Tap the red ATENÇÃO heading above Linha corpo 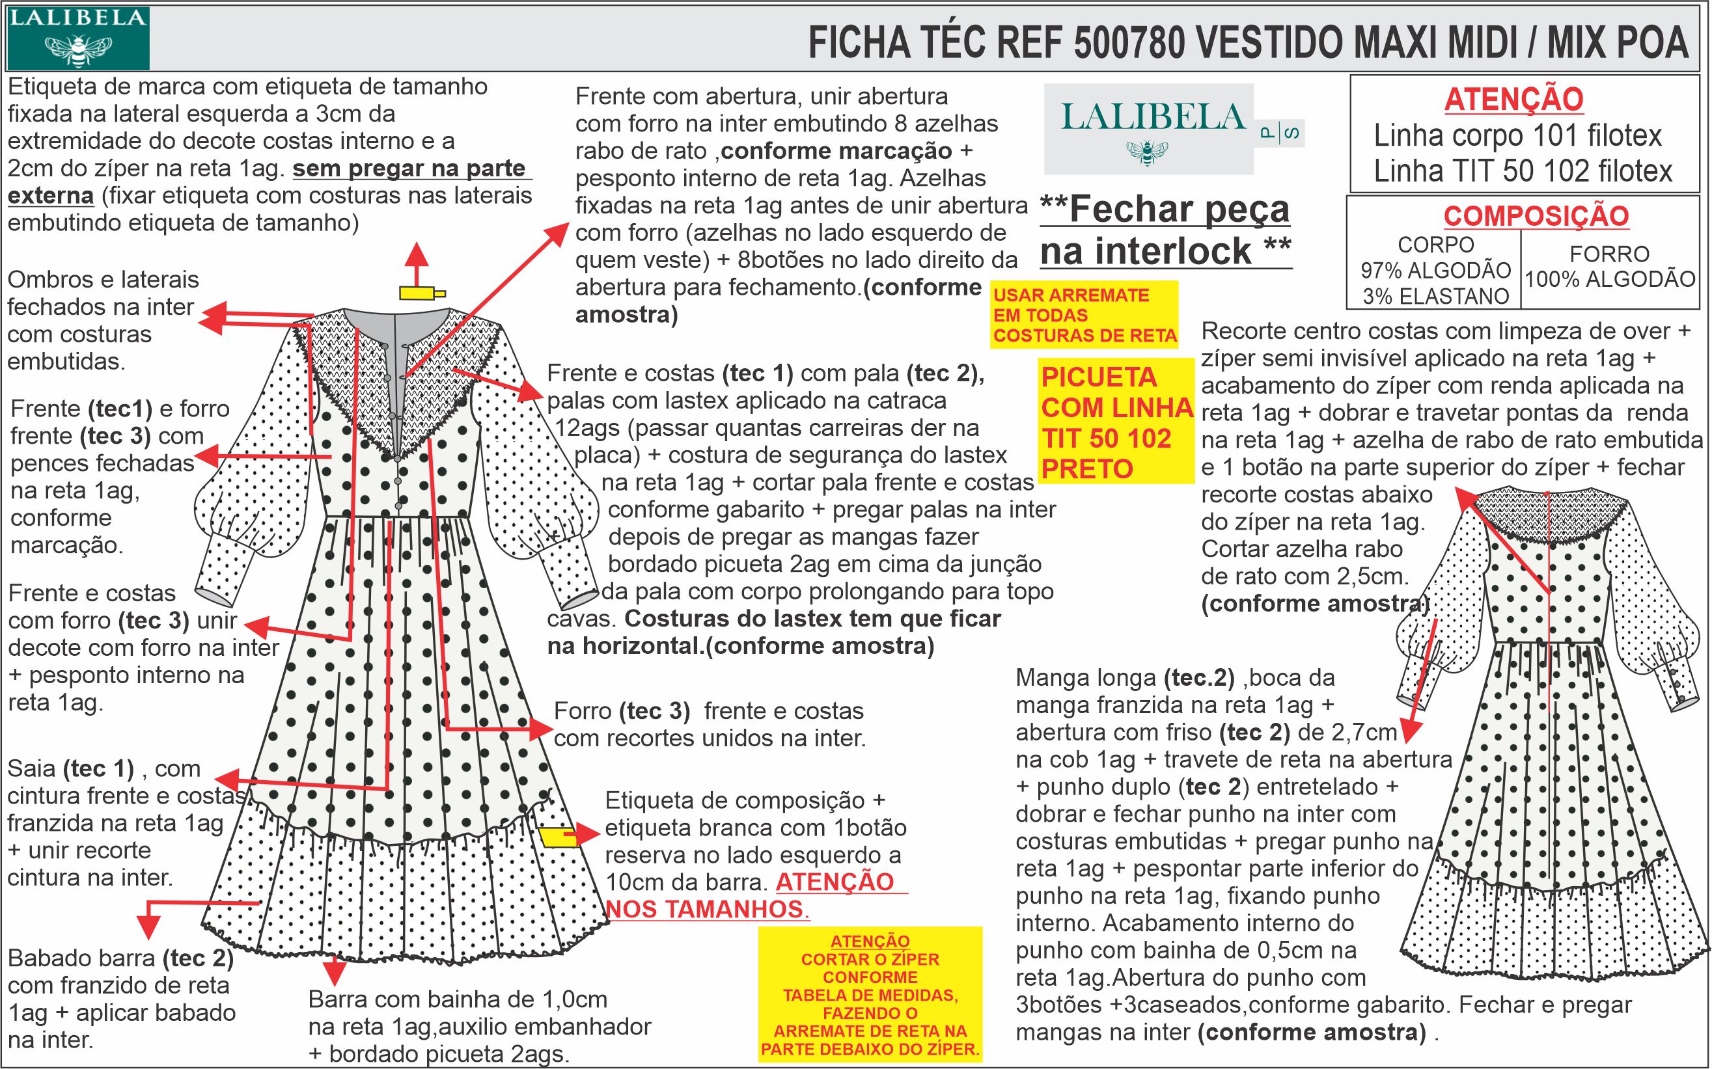[1513, 100]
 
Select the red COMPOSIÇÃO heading [1536, 215]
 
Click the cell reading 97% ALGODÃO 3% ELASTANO [1435, 271]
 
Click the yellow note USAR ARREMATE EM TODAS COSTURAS [1084, 316]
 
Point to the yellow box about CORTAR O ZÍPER [870, 995]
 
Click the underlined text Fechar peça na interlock [1165, 230]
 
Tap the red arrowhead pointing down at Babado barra [148, 926]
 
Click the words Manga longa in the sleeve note [1086, 677]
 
